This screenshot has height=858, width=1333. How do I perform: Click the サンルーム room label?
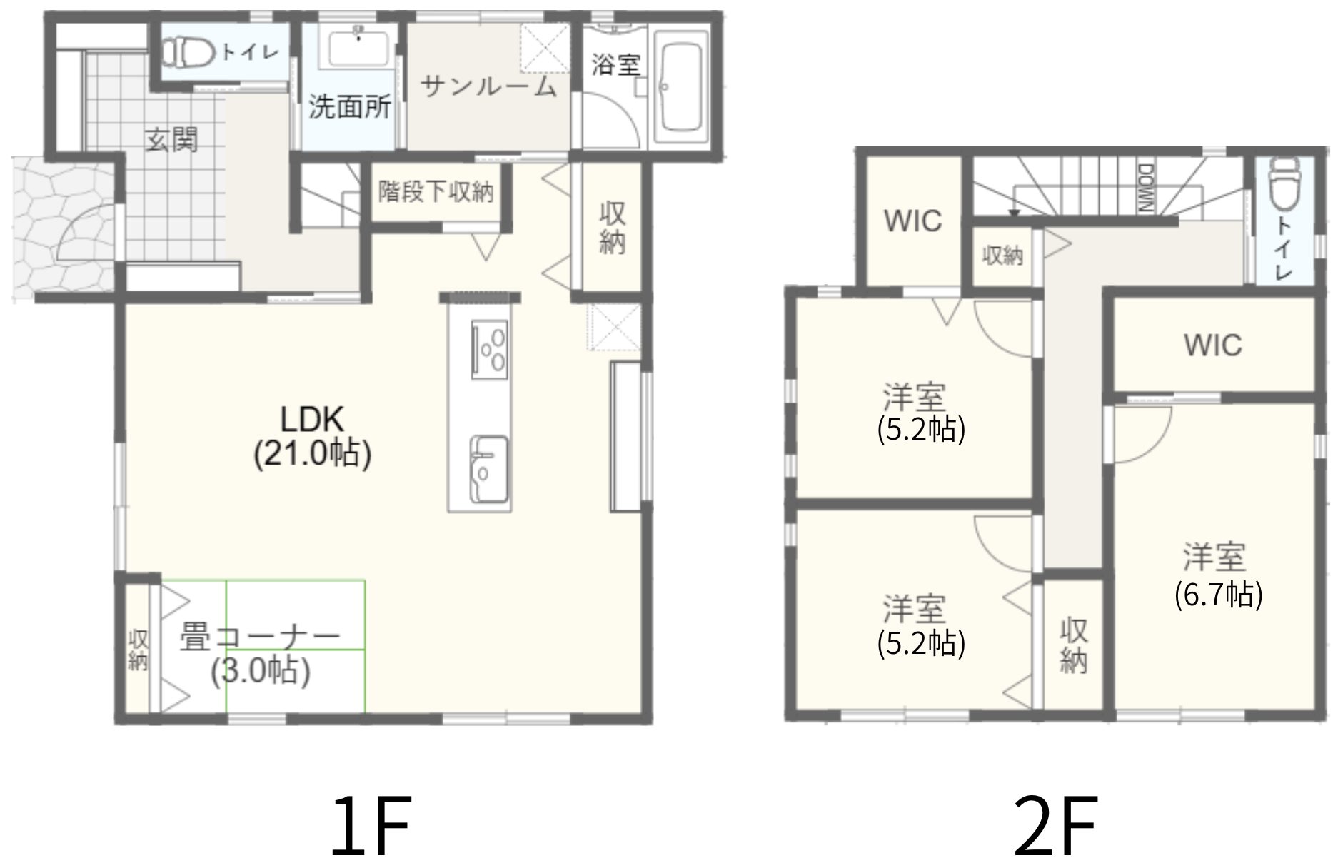pos(488,86)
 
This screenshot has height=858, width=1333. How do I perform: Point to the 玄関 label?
pos(172,139)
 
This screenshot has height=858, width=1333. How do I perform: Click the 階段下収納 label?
pos(436,191)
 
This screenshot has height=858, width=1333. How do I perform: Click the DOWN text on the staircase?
pos(1145,188)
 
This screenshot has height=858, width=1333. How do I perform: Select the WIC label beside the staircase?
pos(913,221)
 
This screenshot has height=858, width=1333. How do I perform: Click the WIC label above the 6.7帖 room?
pos(1213,345)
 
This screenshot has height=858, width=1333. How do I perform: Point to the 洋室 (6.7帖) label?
pos(1219,575)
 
